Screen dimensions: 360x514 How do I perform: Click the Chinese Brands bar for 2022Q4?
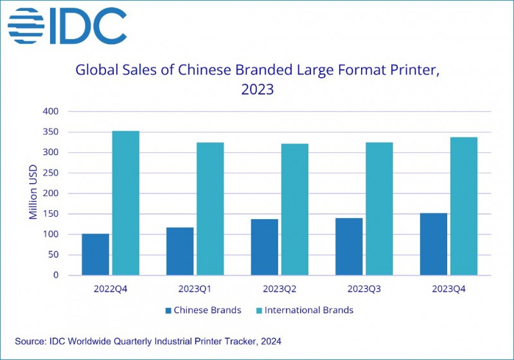pos(95,255)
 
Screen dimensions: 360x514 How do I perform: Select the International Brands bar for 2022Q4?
pos(125,203)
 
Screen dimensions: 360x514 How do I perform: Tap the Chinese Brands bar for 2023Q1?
pos(180,251)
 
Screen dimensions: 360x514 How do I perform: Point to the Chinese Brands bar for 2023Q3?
pos(349,247)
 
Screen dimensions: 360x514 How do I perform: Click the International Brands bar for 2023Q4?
pos(464,206)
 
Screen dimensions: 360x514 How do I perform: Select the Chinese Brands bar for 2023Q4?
pos(434,244)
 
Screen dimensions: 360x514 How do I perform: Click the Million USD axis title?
pos(33,194)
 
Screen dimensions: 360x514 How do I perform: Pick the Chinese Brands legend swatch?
pos(168,310)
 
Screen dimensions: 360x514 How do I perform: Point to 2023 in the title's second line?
pos(257,89)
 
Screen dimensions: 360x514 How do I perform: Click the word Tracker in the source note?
pos(237,340)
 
